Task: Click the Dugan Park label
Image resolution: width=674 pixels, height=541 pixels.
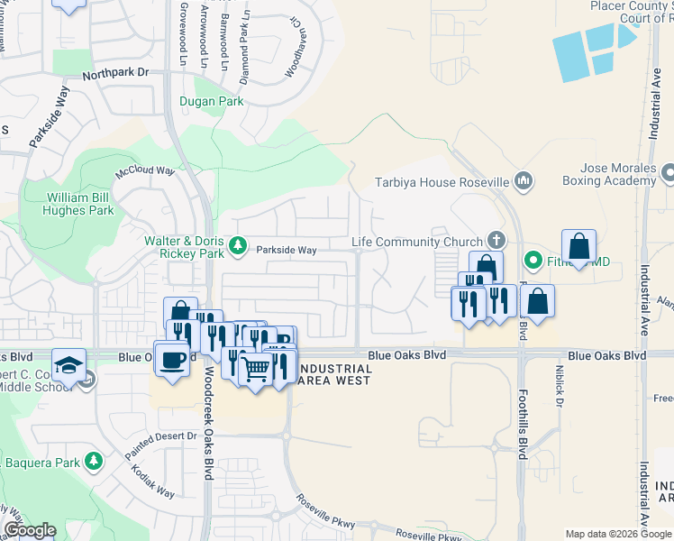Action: [x=211, y=102]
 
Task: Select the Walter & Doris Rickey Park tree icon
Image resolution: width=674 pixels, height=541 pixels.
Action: [x=238, y=244]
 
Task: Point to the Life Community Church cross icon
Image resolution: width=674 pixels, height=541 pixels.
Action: [x=495, y=241]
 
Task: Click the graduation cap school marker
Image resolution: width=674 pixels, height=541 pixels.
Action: [x=68, y=364]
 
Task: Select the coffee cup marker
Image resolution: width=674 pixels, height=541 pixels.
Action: [x=171, y=359]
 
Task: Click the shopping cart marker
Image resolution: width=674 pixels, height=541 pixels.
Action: [x=256, y=368]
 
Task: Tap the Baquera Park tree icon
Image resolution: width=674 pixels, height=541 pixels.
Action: [x=94, y=463]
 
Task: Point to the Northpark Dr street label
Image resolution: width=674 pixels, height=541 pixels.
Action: [x=114, y=76]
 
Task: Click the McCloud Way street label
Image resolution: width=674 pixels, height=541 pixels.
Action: [x=144, y=170]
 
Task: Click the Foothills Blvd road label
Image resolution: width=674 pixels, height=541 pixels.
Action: [x=522, y=423]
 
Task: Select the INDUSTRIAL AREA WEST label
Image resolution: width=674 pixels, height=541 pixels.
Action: [x=333, y=374]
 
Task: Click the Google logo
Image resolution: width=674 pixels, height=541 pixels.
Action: [x=30, y=531]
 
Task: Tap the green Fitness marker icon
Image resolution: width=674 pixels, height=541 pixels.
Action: [x=533, y=261]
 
